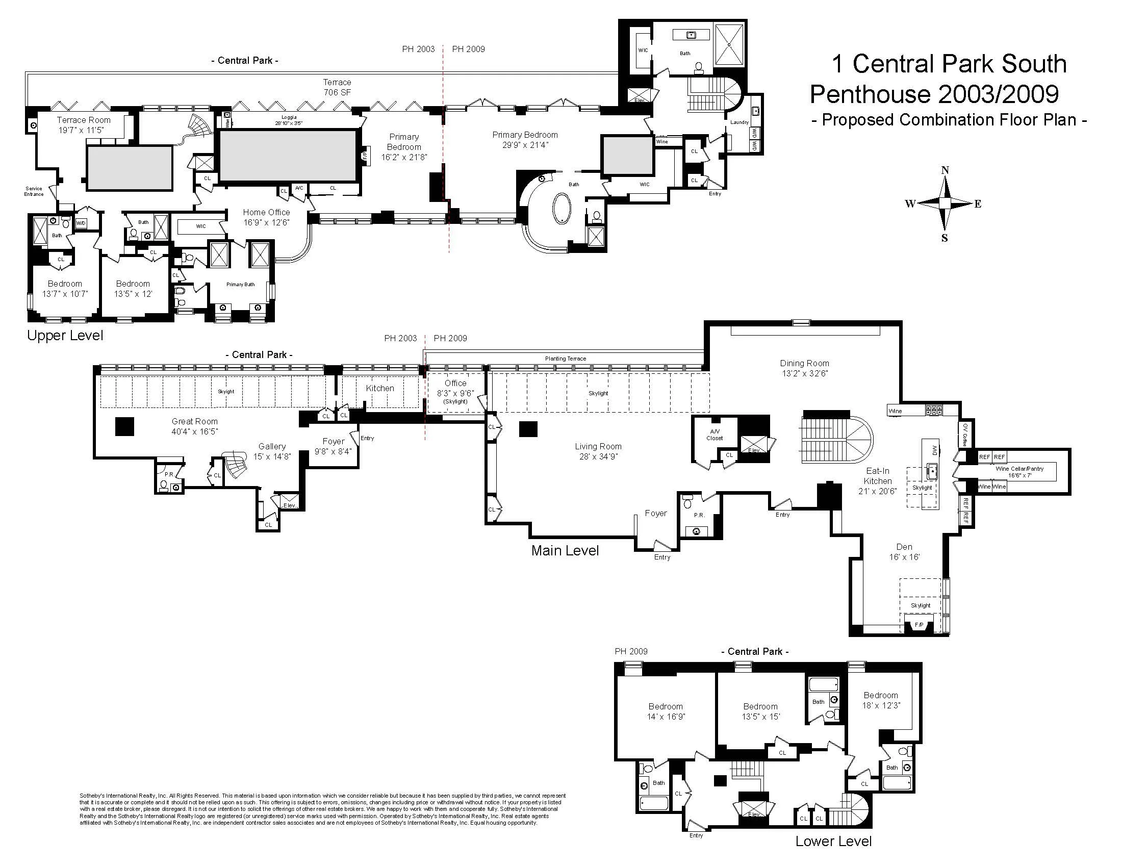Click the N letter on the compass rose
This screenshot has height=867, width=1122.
coord(944,170)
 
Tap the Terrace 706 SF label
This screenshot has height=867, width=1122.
coord(337,87)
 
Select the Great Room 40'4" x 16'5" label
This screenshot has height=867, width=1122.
coord(195,426)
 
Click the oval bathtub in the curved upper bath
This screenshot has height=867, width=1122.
coord(562,208)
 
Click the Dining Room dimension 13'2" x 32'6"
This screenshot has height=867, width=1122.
coord(804,374)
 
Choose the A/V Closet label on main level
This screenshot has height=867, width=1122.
coord(714,435)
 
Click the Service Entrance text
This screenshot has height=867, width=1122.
coord(34,191)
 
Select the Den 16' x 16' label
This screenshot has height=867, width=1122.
coord(904,552)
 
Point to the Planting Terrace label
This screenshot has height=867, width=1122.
coord(565,359)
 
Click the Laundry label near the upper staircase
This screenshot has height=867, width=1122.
coord(739,122)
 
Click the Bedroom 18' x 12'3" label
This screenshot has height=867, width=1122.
coord(881,700)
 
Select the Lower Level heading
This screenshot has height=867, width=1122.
coord(833,841)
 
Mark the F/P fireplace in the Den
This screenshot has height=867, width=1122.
coord(920,625)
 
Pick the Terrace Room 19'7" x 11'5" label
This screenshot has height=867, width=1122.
coord(84,125)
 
